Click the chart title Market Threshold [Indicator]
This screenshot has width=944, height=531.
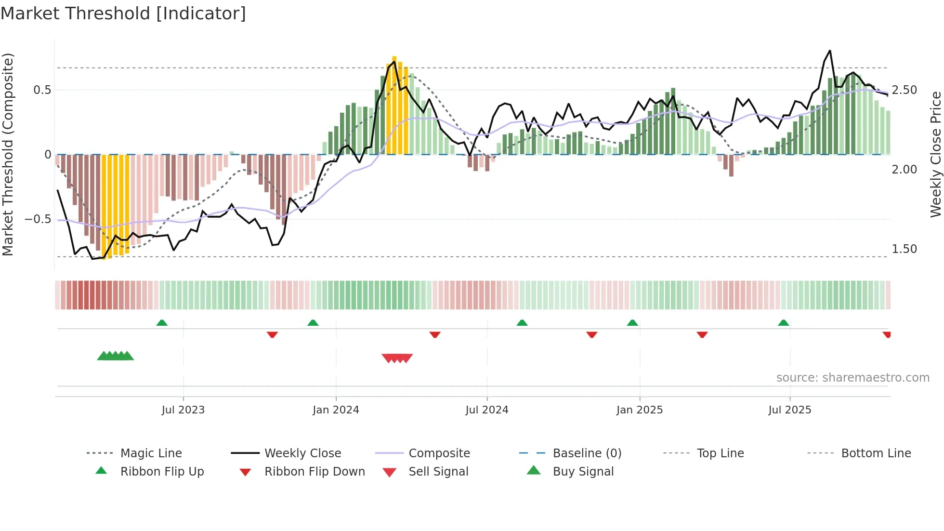tap(123, 13)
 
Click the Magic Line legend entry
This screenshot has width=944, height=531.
tap(151, 453)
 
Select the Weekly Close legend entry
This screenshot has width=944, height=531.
tap(302, 453)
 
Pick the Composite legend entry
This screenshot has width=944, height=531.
tap(439, 453)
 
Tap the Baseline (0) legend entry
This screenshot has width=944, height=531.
tap(587, 453)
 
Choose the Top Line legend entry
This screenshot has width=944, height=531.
tap(720, 453)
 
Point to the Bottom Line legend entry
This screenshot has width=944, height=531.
tap(876, 453)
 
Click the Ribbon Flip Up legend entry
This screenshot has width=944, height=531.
tap(162, 472)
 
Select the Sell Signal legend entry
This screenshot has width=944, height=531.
tap(438, 472)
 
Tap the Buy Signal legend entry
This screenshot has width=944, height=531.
tap(583, 472)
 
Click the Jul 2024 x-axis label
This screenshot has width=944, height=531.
tap(486, 410)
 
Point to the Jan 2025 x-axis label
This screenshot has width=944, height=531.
tap(639, 410)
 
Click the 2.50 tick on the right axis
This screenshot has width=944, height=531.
tap(904, 90)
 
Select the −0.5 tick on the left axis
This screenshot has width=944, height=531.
tap(38, 219)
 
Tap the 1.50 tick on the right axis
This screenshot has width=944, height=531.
tap(904, 249)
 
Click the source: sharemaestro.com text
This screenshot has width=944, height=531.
tap(852, 378)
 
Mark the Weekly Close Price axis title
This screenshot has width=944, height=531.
tap(935, 154)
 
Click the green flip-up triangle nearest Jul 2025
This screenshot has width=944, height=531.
tap(783, 323)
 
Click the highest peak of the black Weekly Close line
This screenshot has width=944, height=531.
tap(830, 51)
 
